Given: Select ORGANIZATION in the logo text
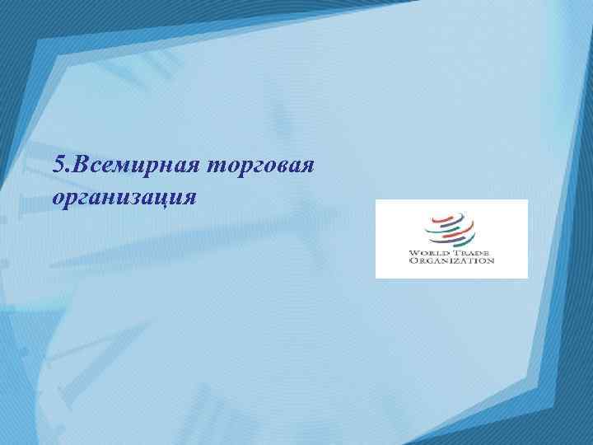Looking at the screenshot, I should [x=451, y=260].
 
